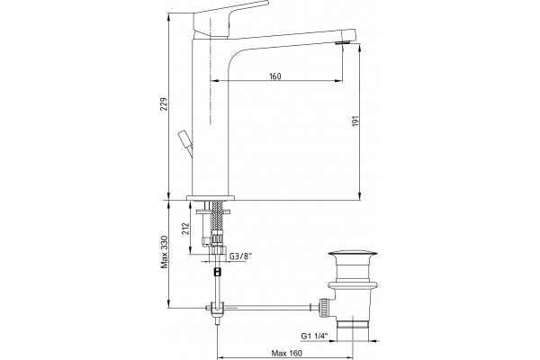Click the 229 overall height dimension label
(x=165, y=104)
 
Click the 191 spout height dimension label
(x=355, y=121)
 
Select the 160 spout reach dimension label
(x=274, y=76)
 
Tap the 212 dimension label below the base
(x=186, y=229)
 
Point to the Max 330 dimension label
(x=165, y=252)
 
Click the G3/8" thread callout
(x=241, y=256)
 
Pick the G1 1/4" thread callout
(x=314, y=336)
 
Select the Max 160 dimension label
(x=287, y=353)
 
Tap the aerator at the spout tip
(x=343, y=42)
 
